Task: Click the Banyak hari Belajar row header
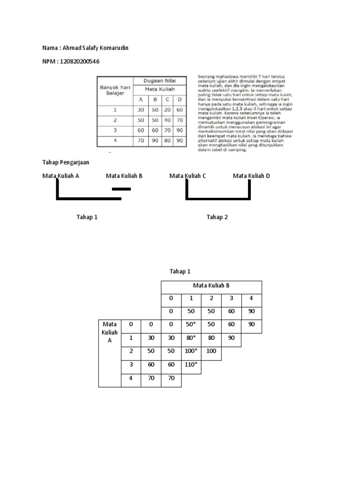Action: (115, 89)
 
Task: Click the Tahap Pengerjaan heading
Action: (66, 162)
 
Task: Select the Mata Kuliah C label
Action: (187, 176)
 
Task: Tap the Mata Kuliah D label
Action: (251, 176)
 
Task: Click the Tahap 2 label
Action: (217, 217)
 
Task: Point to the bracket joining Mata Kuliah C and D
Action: (218, 198)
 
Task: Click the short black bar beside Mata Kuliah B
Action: (121, 189)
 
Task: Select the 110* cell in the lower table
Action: (191, 364)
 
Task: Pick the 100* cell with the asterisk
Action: (191, 351)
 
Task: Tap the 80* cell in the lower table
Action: (191, 337)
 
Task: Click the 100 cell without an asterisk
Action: (211, 351)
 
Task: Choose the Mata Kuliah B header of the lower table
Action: (211, 285)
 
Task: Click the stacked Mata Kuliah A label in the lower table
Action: (110, 332)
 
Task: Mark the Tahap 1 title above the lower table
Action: (180, 271)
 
